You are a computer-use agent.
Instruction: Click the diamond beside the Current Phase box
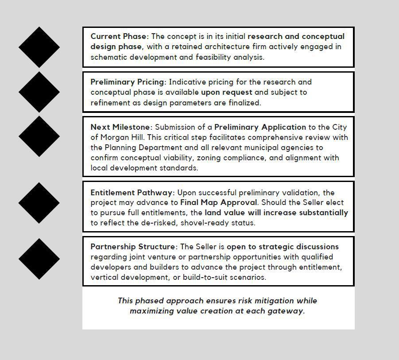pyautogui.click(x=39, y=47)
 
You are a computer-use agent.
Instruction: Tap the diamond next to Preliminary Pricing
pyautogui.click(x=39, y=92)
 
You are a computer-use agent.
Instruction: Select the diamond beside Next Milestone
pyautogui.click(x=39, y=136)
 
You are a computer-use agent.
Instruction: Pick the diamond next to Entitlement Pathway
pyautogui.click(x=39, y=202)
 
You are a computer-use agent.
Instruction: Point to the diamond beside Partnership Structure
pyautogui.click(x=39, y=259)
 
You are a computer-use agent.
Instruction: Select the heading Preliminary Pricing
pyautogui.click(x=128, y=82)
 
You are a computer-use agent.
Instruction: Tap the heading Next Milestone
pyautogui.click(x=121, y=127)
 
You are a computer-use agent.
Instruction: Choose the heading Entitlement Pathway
pyautogui.click(x=132, y=193)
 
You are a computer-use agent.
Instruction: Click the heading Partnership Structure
pyautogui.click(x=133, y=247)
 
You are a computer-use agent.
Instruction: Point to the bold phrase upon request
pyautogui.click(x=226, y=92)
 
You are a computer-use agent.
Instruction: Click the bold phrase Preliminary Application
pyautogui.click(x=260, y=127)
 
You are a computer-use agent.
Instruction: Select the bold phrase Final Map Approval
pyautogui.click(x=218, y=202)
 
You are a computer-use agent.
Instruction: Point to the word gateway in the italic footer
pyautogui.click(x=287, y=311)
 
